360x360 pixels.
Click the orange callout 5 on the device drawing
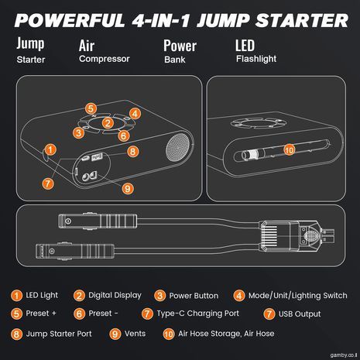point(91,108)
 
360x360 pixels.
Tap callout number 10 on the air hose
point(290,149)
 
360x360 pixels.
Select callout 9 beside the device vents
point(128,189)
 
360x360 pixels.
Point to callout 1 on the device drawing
point(50,149)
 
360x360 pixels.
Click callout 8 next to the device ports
point(133,152)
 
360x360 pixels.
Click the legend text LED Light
point(42,295)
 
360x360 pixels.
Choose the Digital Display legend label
point(115,295)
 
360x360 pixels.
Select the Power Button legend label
point(194,296)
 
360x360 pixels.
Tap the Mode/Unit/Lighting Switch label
point(297,296)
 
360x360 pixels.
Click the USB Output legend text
point(300,314)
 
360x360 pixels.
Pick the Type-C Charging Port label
point(198,314)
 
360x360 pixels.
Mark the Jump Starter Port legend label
point(59,334)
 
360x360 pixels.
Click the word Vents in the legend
point(135,334)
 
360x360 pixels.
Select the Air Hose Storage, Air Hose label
point(226,334)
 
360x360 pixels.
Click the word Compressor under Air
point(105,59)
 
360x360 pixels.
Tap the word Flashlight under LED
point(256,59)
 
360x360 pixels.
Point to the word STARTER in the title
point(302,20)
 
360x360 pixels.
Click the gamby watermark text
point(344,355)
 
